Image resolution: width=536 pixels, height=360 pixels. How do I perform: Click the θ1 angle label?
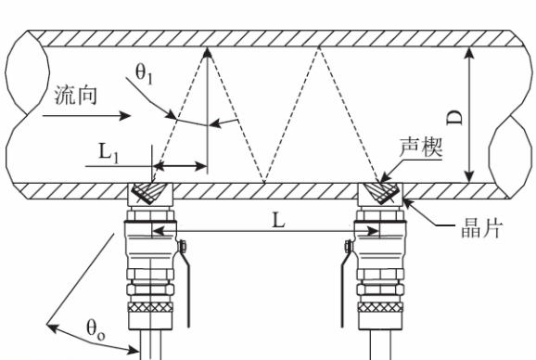coord(144,74)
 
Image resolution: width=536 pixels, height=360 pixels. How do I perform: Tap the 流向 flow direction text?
coord(76,95)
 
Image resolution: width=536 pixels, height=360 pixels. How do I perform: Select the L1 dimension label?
coord(108,152)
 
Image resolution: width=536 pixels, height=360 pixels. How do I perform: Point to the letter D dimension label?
coord(455,117)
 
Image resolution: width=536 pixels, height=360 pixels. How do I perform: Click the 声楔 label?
coord(421,147)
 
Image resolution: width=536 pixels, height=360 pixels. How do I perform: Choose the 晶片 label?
coord(481,228)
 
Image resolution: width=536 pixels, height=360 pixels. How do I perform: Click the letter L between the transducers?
coord(278,220)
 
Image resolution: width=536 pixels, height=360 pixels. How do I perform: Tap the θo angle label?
coord(96,329)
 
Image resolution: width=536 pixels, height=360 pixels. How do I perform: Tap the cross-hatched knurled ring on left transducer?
coord(150,307)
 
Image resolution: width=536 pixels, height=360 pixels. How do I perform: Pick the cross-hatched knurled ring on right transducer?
coord(380,307)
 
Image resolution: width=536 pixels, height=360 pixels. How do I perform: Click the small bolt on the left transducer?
coord(182,247)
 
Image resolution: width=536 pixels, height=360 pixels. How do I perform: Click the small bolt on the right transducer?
coord(349,247)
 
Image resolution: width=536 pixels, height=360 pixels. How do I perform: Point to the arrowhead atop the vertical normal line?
coord(208,55)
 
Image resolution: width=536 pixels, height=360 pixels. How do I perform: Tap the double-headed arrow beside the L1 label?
coord(180,166)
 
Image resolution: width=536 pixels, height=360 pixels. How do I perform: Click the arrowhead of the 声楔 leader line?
coord(385,177)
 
